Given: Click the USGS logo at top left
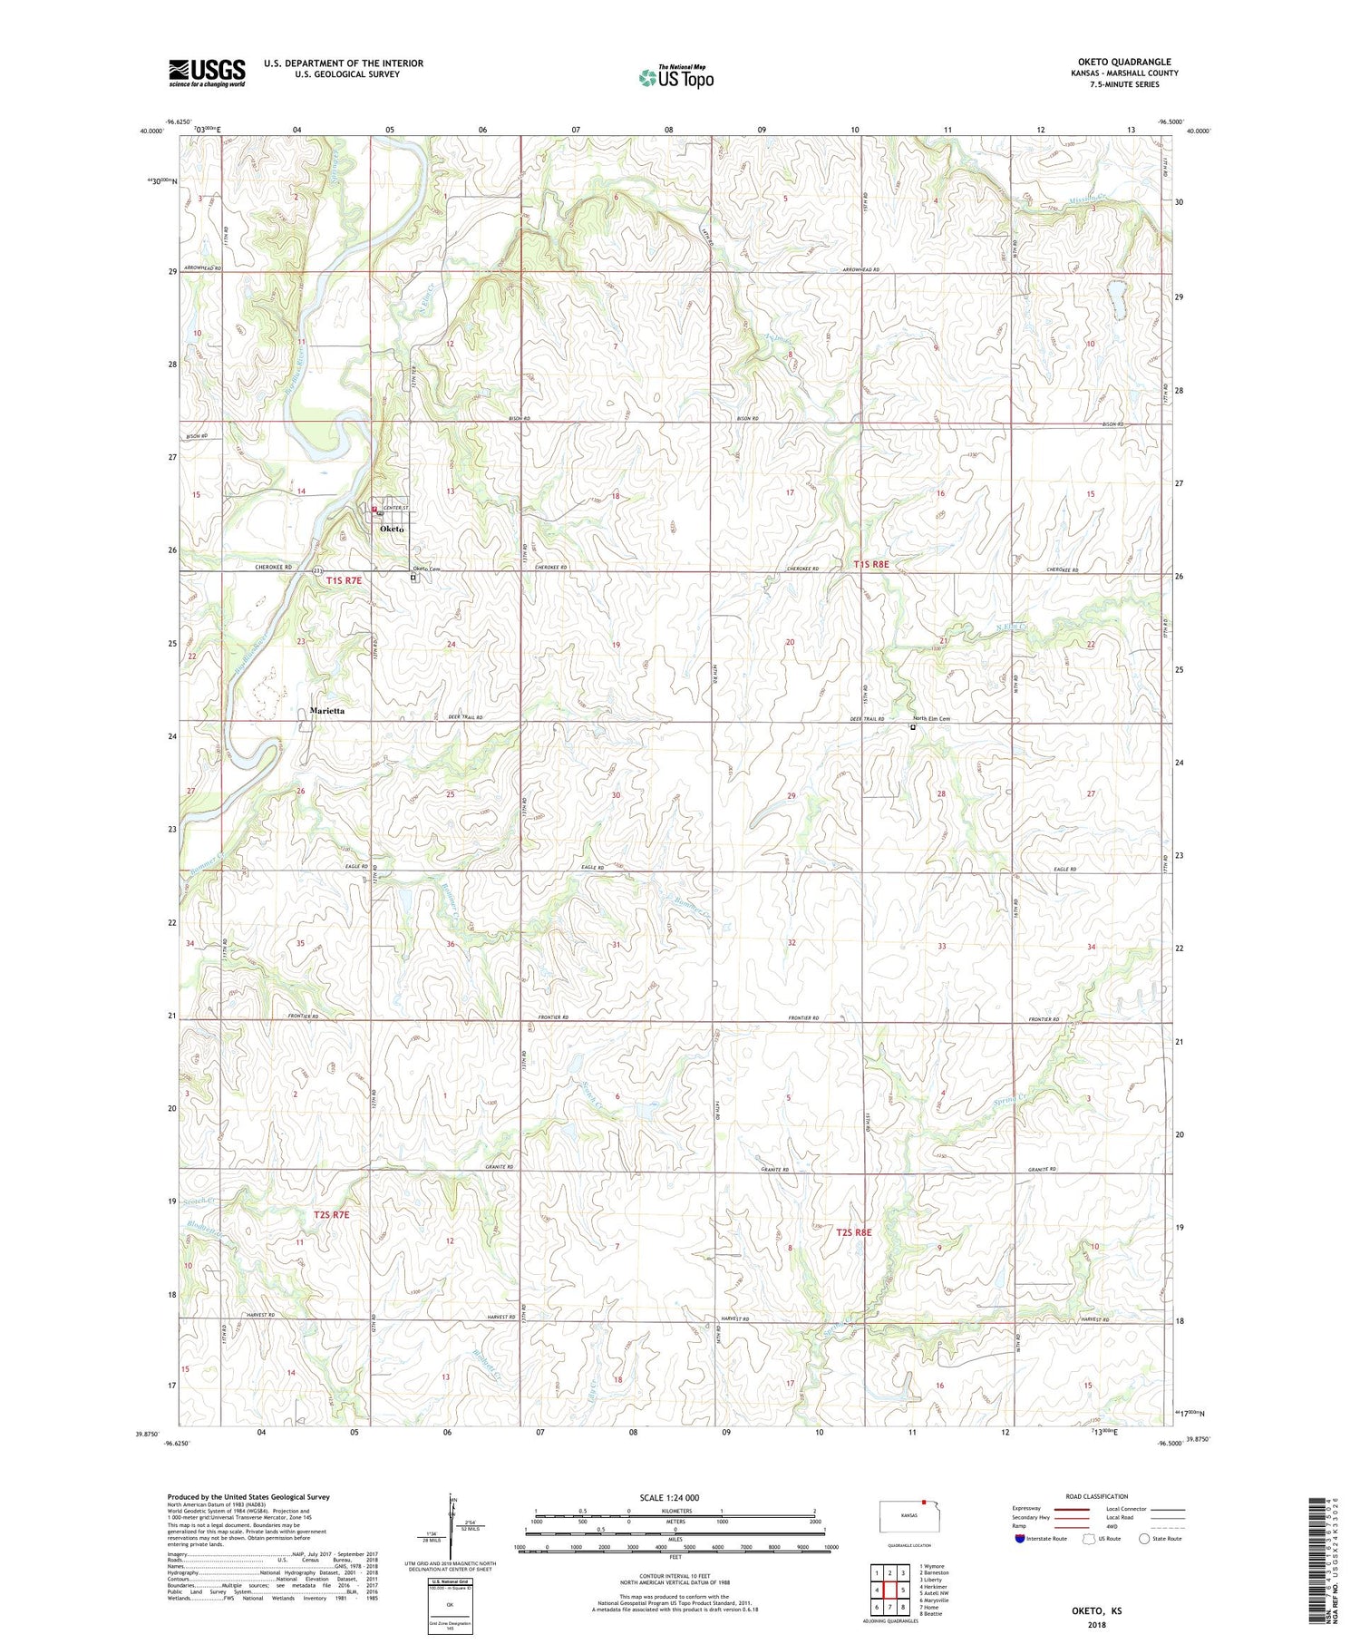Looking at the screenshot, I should (x=207, y=73).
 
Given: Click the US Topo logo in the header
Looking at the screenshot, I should (x=675, y=78).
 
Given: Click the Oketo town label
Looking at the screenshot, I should (x=392, y=529).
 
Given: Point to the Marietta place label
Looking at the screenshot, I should (x=326, y=711).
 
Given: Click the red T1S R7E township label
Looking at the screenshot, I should (x=344, y=579).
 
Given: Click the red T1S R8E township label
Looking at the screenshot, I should (x=871, y=564).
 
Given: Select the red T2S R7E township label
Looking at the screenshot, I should (x=331, y=1214).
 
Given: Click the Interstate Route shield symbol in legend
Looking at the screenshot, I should (x=1020, y=1539).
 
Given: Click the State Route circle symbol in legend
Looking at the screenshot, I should (x=1145, y=1539).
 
